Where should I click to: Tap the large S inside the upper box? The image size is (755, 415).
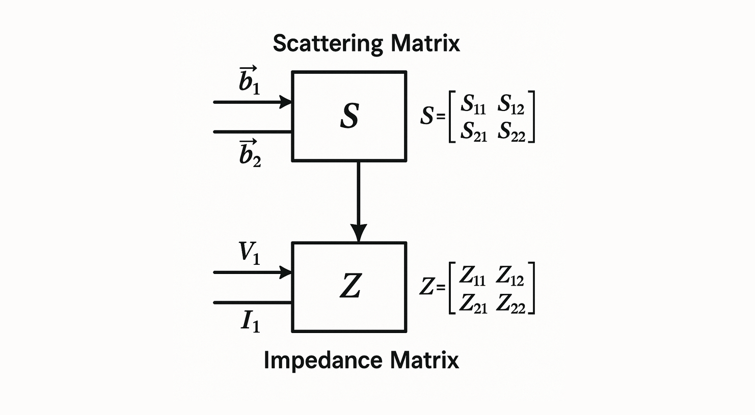click(x=349, y=116)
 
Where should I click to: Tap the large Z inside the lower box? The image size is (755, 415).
click(x=350, y=286)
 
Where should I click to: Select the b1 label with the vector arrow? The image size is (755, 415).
click(x=249, y=80)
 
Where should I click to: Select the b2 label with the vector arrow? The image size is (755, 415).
click(x=250, y=153)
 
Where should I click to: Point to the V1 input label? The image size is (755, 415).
click(x=249, y=252)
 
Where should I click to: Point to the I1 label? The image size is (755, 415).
click(x=250, y=321)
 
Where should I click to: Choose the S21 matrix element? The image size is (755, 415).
click(x=473, y=131)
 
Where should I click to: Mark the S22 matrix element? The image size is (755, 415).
click(x=511, y=131)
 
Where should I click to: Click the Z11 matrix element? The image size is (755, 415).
click(x=472, y=275)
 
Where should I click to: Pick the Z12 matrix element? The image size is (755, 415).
click(x=510, y=275)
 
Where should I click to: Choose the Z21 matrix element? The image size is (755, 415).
click(x=473, y=303)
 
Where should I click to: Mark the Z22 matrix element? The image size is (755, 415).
click(x=510, y=303)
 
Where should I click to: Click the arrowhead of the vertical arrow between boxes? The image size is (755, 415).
click(x=359, y=233)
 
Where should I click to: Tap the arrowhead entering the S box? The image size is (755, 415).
click(x=285, y=102)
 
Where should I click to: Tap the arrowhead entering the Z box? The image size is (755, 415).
click(x=285, y=272)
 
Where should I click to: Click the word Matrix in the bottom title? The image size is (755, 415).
click(x=424, y=361)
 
